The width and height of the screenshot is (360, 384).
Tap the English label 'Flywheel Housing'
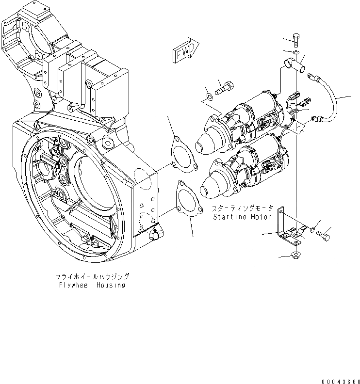pyautogui.click(x=92, y=285)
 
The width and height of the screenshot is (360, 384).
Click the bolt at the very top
pyautogui.click(x=297, y=41)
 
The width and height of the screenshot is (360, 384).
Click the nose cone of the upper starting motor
pyautogui.click(x=206, y=142)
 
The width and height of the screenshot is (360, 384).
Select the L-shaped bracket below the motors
pyautogui.click(x=286, y=228)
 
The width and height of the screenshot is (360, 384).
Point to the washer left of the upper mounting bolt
pyautogui.click(x=209, y=95)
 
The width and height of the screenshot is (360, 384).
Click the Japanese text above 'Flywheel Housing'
pyautogui.click(x=92, y=276)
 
